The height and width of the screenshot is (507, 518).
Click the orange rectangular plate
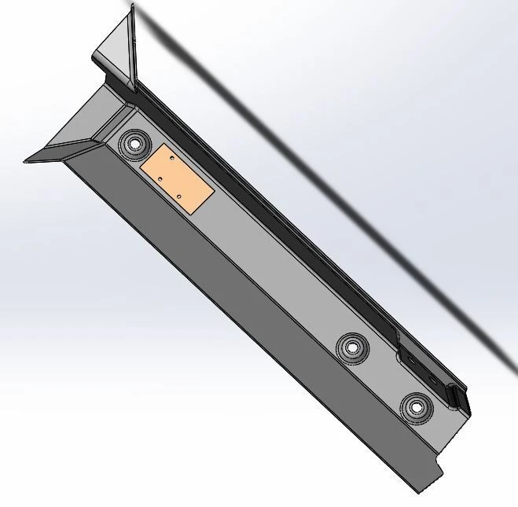pyautogui.click(x=177, y=178)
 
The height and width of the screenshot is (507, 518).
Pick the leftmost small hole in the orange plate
pyautogui.click(x=160, y=179)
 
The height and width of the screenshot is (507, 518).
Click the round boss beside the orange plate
pyautogui.click(x=134, y=144)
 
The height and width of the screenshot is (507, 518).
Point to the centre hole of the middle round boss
pyautogui.click(x=352, y=346)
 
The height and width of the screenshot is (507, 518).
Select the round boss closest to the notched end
pyautogui.click(x=414, y=406)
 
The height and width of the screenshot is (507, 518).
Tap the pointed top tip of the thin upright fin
pyautogui.click(x=133, y=6)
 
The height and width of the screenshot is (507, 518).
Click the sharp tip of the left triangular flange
pyautogui.click(x=26, y=160)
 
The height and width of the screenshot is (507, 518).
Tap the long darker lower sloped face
pyautogui.click(x=236, y=314)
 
